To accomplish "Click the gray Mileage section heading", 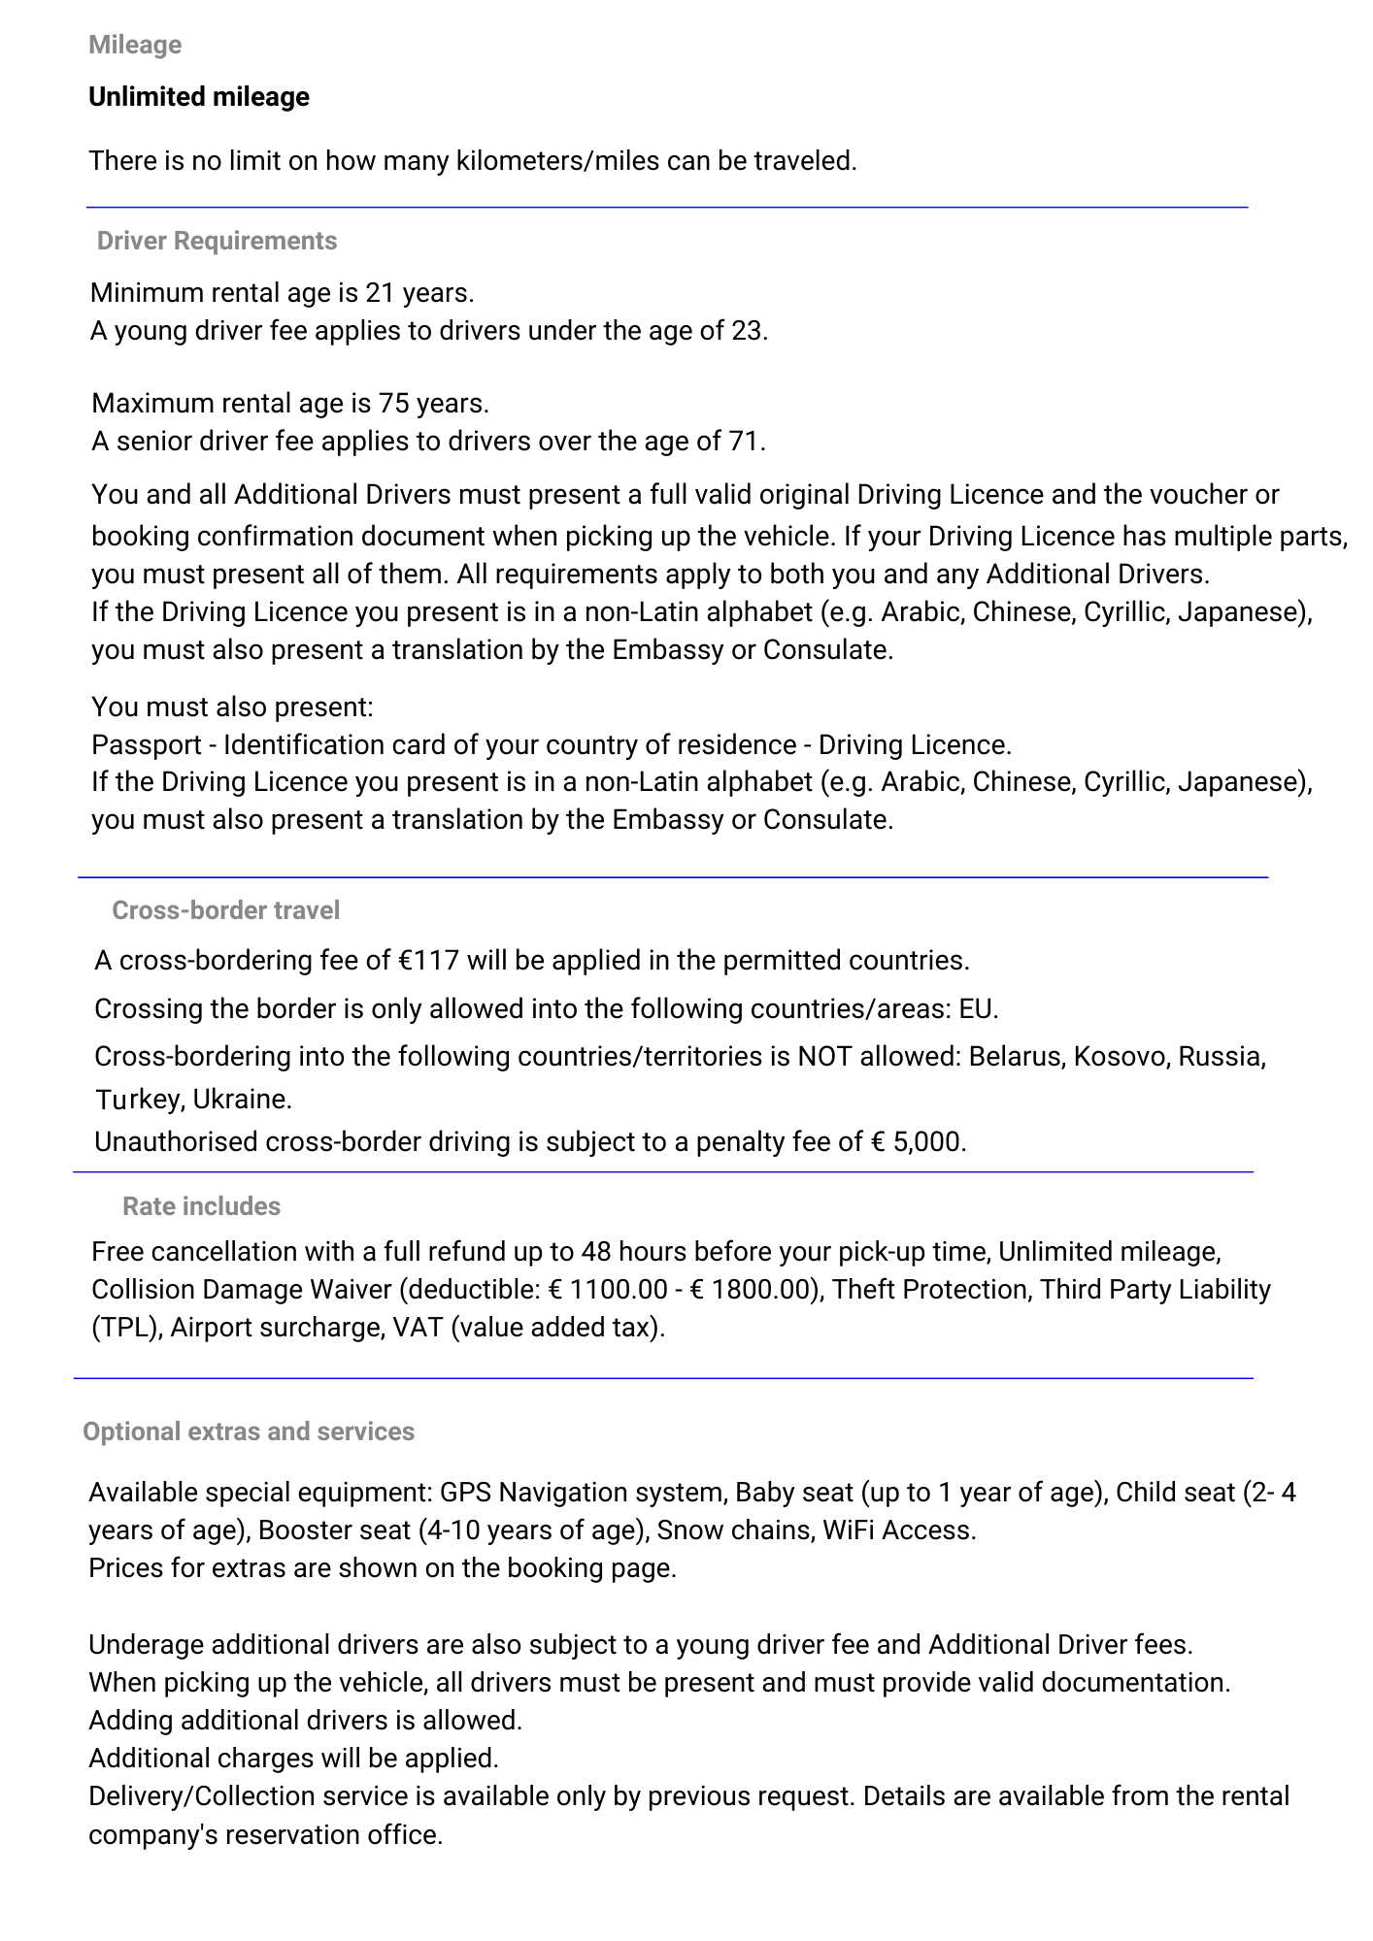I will coord(135,45).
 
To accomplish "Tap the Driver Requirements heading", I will coord(217,241).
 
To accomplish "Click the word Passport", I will coord(147,744).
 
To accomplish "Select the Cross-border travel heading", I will coord(225,909).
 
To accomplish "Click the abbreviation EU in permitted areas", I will coord(976,1008).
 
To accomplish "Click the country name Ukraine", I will coord(239,1100).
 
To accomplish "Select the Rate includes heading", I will coord(201,1205).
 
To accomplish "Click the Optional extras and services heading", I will coord(249,1431).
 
